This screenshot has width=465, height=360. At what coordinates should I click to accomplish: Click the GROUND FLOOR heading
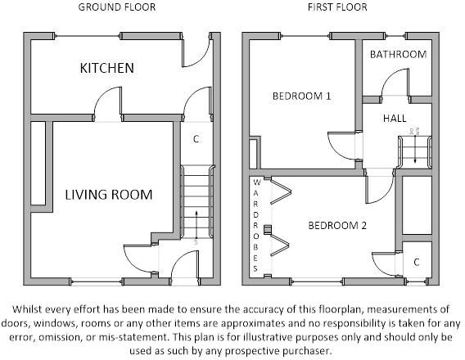pos(117,7)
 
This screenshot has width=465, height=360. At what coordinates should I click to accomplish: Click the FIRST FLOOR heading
pos(337,7)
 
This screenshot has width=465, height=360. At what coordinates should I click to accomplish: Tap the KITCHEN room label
pos(106,68)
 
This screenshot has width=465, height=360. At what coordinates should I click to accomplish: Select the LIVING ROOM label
pos(109,195)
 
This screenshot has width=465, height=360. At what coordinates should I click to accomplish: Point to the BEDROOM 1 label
pos(301,96)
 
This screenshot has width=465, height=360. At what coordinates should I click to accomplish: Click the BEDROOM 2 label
pos(337,226)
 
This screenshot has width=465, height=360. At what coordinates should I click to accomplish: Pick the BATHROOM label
pos(398,54)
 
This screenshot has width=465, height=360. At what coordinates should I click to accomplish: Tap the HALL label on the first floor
pos(395,118)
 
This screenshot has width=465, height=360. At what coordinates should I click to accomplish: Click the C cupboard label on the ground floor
pos(196,138)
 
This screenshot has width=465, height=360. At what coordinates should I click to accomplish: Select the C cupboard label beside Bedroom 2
pos(417,262)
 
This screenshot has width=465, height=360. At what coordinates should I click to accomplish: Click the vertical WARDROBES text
pos(256,225)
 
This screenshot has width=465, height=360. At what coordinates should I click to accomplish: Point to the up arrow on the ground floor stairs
pos(196,226)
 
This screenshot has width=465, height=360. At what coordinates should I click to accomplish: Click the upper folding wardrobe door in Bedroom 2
pos(281,191)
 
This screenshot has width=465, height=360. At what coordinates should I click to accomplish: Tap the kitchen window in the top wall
pos(88,37)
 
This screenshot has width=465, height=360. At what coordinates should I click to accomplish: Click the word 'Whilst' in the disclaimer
pos(25,309)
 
